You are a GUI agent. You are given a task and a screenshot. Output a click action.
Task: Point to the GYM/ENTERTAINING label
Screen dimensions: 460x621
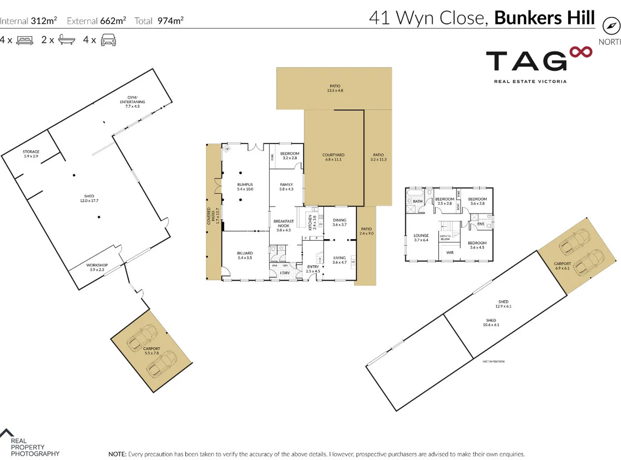point(133,100)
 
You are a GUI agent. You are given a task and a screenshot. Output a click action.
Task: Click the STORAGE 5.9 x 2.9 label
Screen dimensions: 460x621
point(31,154)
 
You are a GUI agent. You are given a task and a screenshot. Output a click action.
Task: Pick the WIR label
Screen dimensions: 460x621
point(450,253)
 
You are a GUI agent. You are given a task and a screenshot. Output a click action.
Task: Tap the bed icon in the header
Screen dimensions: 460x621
point(25,40)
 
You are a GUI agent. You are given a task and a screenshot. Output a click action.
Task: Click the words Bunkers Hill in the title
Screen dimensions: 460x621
point(544,18)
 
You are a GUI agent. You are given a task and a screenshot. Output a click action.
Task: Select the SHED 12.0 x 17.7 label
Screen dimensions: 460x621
point(90,198)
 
